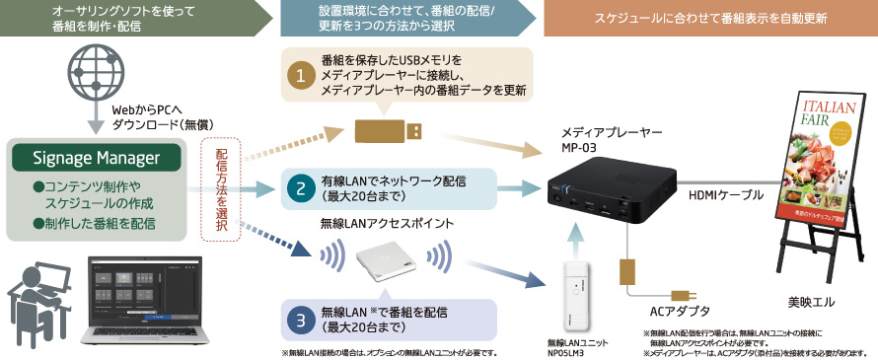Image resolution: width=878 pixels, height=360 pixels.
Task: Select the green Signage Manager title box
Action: [x=96, y=158]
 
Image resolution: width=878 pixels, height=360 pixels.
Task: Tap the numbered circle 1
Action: [x=299, y=74]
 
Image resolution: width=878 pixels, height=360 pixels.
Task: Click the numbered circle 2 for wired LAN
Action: [x=299, y=186]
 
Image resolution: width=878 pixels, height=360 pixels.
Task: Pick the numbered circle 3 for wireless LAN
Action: [x=299, y=320]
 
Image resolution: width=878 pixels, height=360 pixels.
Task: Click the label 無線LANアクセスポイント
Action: [x=379, y=223]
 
